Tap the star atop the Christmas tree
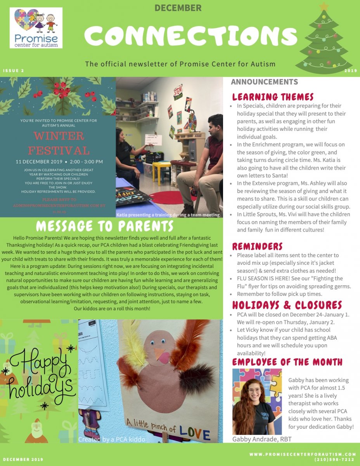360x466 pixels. pos(323,7)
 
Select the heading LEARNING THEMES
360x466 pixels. pos(273,97)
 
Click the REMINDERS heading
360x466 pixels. pos(257,246)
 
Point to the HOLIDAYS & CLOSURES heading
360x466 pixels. pos(287,304)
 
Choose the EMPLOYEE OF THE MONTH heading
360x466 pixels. pos(287,362)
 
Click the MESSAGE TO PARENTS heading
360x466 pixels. pos(105,226)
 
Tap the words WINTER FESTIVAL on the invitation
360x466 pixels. pos(59,143)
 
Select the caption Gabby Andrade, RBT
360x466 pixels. pos(262,439)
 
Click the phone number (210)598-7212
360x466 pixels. pos(334,459)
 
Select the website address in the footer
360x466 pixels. pos(303,454)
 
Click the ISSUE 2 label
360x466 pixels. pos(14,71)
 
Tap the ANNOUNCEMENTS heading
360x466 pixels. pos(264,82)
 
